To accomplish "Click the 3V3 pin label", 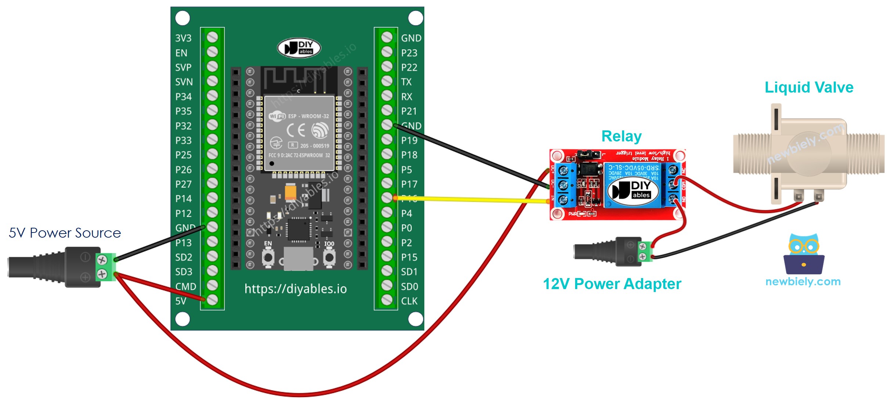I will (183, 38).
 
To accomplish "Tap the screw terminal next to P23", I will (387, 52).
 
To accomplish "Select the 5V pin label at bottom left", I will (180, 301).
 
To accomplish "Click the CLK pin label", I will (409, 301).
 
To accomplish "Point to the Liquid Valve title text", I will (809, 87).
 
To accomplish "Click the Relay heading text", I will (621, 136).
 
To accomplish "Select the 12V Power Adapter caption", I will (612, 284).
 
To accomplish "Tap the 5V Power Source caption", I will (65, 233).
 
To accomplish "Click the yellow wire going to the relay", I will (470, 199).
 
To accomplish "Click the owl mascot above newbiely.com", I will (804, 253).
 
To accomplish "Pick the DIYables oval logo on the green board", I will (299, 48).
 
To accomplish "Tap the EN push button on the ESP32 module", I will (268, 257).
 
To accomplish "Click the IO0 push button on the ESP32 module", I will (329, 257).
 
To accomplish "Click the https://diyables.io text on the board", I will (295, 289).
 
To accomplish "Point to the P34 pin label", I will (183, 97).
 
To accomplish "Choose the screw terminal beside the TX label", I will (387, 81).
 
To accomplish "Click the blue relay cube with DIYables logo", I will (632, 185).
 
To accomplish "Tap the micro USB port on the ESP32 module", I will (298, 259).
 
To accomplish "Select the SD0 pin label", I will (409, 287).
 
